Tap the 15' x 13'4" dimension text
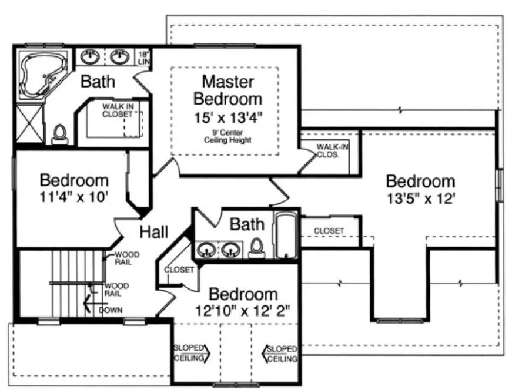coord(227,117)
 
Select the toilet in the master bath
coord(59,135)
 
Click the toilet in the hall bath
coord(256,249)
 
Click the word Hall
coord(154,231)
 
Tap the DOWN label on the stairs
coord(111,310)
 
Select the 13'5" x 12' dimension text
coord(420,199)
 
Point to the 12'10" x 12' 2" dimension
coord(243,310)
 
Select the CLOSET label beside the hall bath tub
coord(329,231)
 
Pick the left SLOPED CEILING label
coord(189,353)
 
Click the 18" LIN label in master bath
coord(144,58)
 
